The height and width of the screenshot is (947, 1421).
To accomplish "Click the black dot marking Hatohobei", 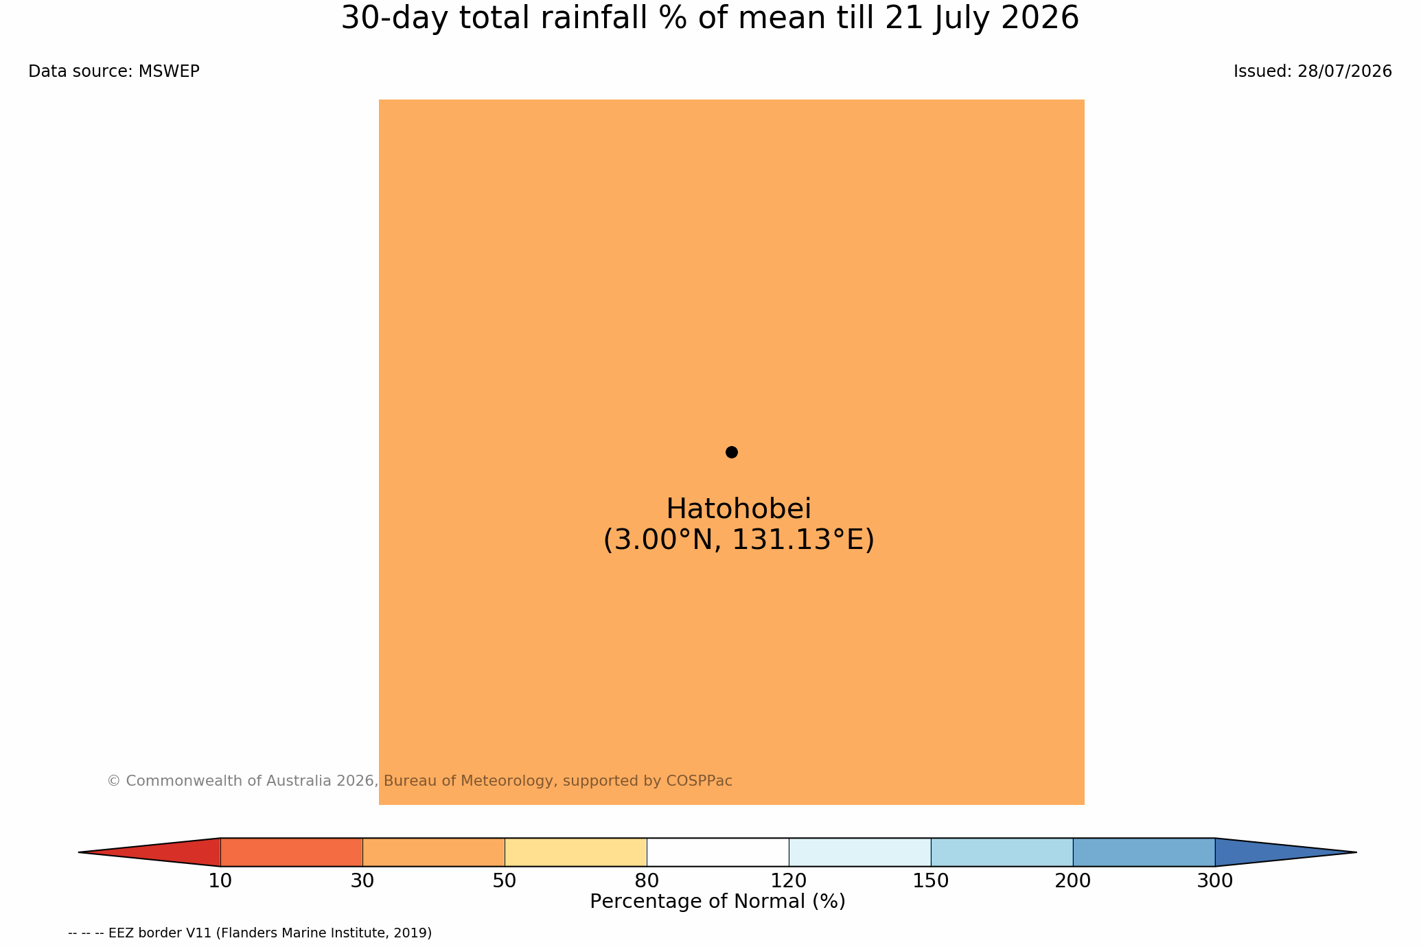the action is click(731, 452).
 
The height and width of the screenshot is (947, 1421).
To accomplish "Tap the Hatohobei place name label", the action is click(739, 509).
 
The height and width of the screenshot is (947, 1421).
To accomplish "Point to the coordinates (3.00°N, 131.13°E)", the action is click(739, 540).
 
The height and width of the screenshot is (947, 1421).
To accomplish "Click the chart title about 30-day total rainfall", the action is click(710, 19).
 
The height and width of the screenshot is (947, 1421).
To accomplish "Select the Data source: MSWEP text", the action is click(114, 71).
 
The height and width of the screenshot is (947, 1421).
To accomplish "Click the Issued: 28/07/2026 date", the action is click(1313, 71).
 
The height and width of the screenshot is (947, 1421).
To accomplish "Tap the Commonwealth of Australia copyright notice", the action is click(419, 781).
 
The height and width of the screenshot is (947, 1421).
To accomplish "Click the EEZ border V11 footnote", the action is click(250, 933).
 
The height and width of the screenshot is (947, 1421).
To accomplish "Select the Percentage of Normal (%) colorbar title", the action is click(717, 902).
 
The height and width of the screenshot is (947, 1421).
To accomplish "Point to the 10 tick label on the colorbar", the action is click(220, 881).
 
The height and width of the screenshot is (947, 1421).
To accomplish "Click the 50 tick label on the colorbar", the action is click(505, 881).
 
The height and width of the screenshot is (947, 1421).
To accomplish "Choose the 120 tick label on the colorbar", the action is click(789, 881).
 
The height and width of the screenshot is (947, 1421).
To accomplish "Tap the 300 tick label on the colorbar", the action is click(1215, 881).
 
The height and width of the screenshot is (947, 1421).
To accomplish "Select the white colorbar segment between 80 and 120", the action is click(717, 852).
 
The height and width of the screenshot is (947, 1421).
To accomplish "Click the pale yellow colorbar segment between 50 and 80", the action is click(575, 852).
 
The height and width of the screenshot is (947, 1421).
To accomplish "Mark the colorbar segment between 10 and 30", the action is click(291, 852).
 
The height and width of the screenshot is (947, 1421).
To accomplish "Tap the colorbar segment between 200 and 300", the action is click(1144, 852).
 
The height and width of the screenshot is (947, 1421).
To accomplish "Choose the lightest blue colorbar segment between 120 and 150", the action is click(859, 852).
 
